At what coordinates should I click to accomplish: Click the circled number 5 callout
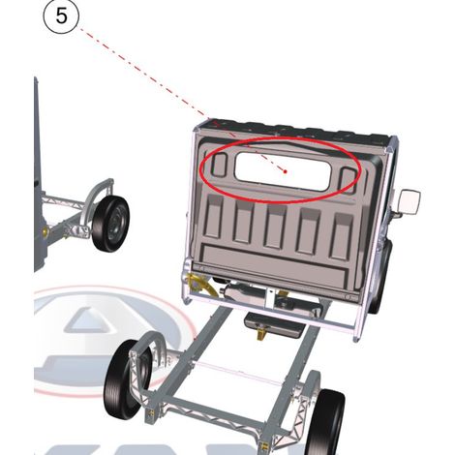point(61,16)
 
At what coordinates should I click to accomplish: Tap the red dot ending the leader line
point(286,171)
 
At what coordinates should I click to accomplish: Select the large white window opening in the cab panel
point(283,171)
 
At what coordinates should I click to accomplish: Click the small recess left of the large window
point(219,165)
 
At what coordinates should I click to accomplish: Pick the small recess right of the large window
point(348,179)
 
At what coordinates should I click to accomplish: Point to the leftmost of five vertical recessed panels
point(213,217)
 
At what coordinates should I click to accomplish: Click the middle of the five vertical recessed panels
point(275,227)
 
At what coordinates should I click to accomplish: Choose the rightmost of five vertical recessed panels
point(341,236)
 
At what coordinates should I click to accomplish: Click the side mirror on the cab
point(409,202)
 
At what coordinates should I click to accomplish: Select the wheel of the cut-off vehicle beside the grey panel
point(110,224)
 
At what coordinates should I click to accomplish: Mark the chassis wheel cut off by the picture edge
point(324,423)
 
